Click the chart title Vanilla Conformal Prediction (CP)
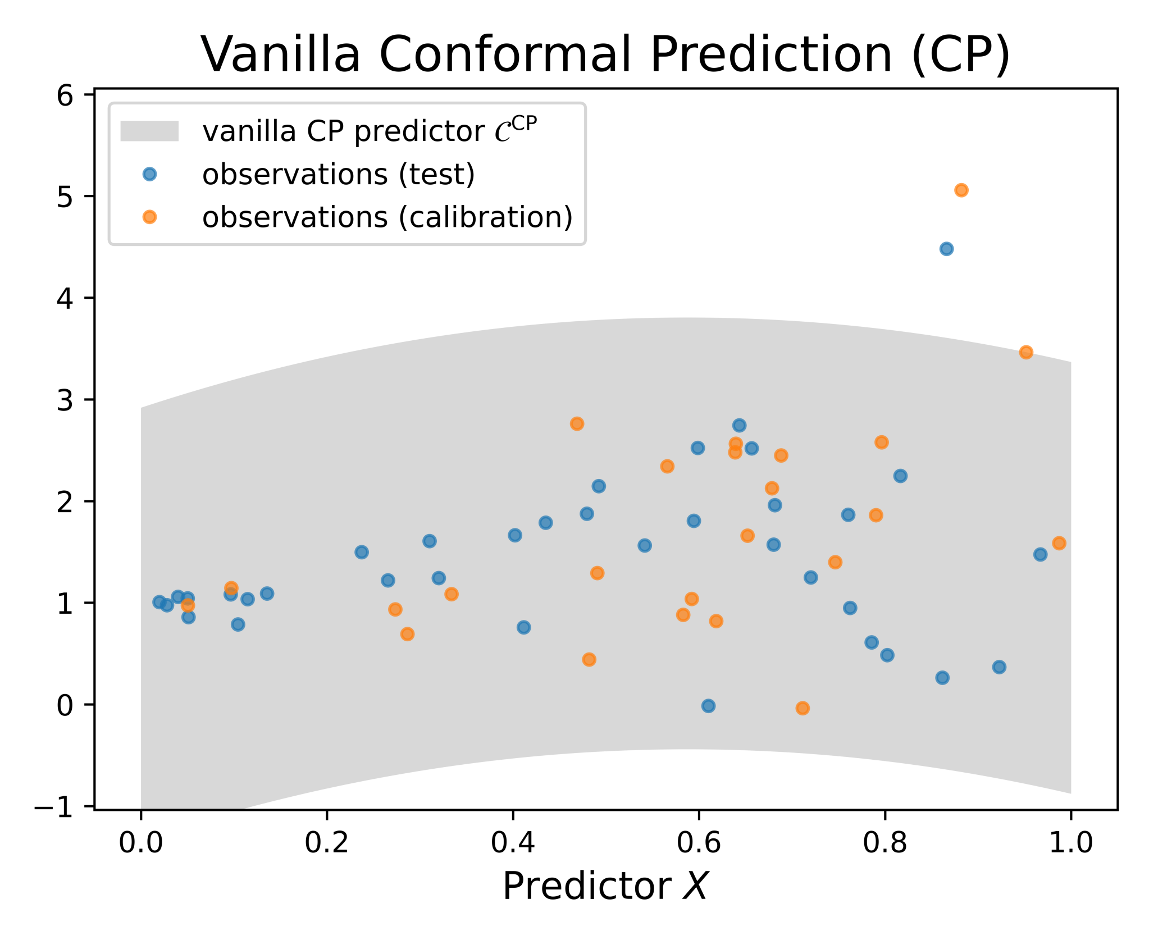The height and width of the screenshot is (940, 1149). [605, 54]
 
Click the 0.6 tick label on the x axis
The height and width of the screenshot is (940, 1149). [699, 843]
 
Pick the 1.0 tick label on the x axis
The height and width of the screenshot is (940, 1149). [1071, 843]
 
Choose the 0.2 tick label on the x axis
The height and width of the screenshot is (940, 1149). [326, 843]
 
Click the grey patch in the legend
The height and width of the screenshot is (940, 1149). [149, 131]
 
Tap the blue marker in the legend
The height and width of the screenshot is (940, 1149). [149, 174]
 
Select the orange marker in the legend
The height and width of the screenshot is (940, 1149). [149, 217]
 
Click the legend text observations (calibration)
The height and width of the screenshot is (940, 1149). [387, 217]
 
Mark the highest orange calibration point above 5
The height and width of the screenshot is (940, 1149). [961, 190]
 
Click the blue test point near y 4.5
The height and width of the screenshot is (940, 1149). [946, 249]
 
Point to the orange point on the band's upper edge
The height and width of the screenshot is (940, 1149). [1026, 353]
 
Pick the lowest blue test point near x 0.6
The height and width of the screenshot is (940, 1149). [709, 706]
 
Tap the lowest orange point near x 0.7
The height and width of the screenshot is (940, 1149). [803, 708]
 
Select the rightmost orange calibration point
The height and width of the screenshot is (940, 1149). [1059, 543]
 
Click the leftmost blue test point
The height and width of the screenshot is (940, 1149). [159, 602]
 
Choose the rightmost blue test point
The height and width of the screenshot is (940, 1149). [1040, 555]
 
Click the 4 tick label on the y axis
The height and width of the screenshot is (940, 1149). [65, 298]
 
